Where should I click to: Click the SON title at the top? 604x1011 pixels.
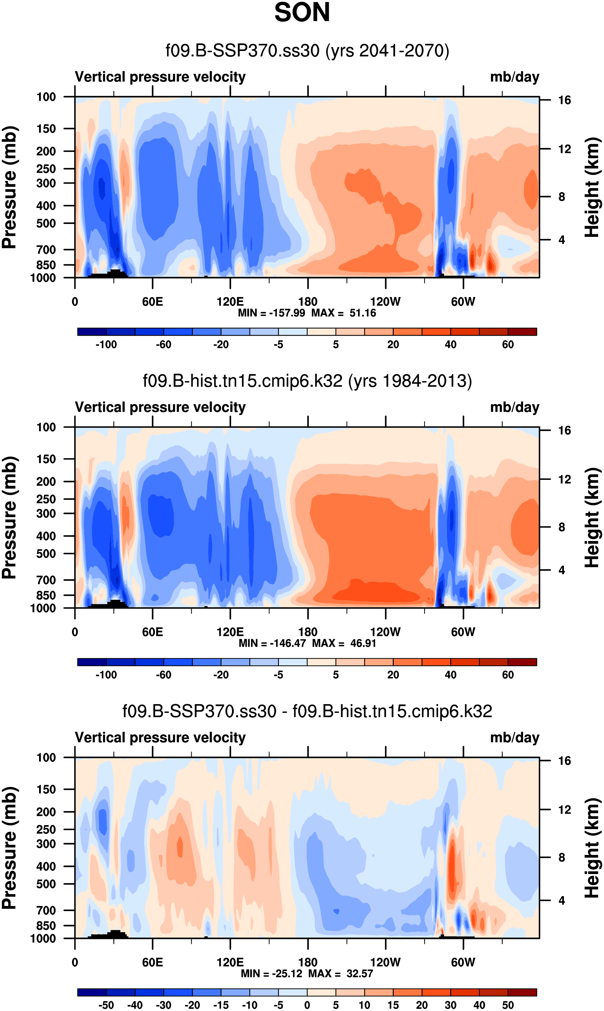302,13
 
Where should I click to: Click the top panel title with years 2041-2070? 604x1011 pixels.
307,51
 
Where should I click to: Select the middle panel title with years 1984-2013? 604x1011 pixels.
307,381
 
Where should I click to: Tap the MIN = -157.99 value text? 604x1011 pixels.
271,313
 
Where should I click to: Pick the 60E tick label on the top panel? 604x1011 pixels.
153,302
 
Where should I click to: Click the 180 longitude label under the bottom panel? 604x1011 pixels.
308,962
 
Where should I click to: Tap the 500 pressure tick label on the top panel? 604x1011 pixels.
46,224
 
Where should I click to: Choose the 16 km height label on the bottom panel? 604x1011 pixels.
564,761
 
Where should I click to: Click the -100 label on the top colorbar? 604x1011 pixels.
106,345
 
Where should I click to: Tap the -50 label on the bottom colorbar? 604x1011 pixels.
106,1005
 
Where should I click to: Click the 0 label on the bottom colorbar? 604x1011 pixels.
307,1005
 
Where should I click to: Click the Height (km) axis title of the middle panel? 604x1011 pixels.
592,518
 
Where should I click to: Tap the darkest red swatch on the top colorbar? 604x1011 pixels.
522,332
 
